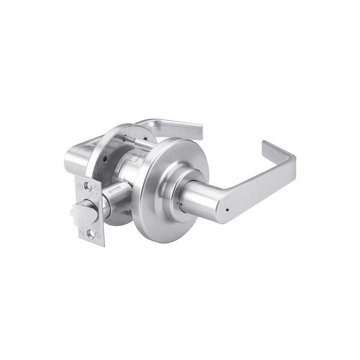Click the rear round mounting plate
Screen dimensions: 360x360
click(108, 151)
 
